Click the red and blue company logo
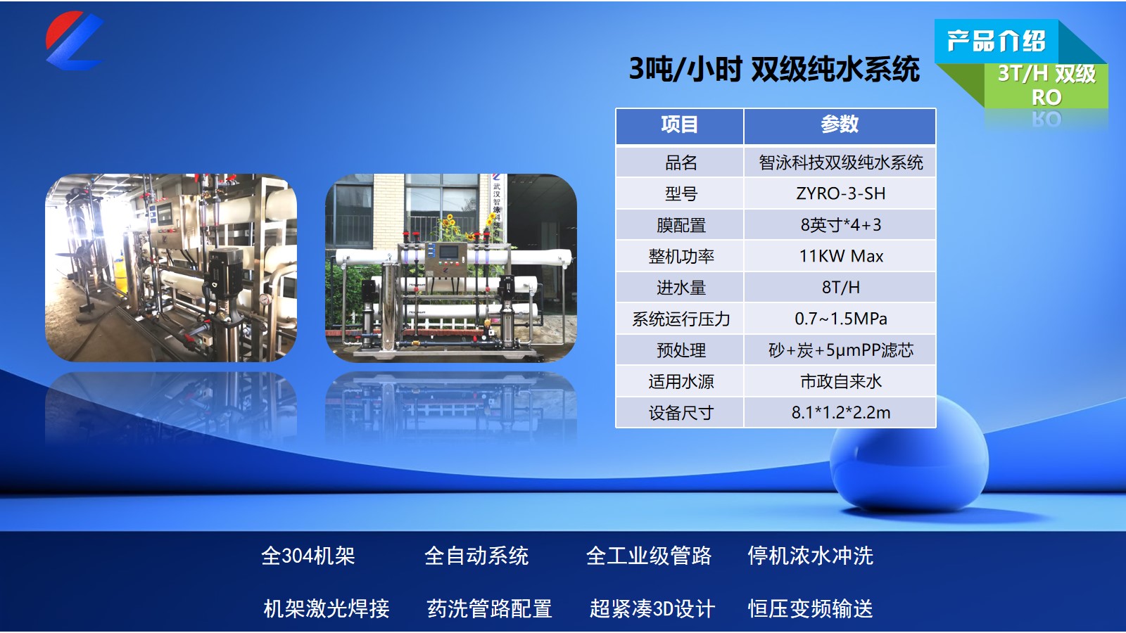[x=75, y=41]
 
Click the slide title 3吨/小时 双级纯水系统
[x=775, y=69]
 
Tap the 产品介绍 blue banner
[x=997, y=41]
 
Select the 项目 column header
[x=680, y=124]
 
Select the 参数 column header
[x=840, y=124]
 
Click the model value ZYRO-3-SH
[x=840, y=193]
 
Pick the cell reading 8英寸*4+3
[x=840, y=224]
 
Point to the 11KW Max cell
[x=841, y=256]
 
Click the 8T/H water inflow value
[x=840, y=288]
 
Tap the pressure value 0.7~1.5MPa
[x=840, y=319]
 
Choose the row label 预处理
[x=681, y=350]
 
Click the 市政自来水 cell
[x=840, y=381]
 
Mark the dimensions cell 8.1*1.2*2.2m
[x=840, y=412]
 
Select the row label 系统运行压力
[x=681, y=319]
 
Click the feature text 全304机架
[x=308, y=556]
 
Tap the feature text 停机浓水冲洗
[x=810, y=556]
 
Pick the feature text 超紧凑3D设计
[x=652, y=608]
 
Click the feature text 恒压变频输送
[x=810, y=608]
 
